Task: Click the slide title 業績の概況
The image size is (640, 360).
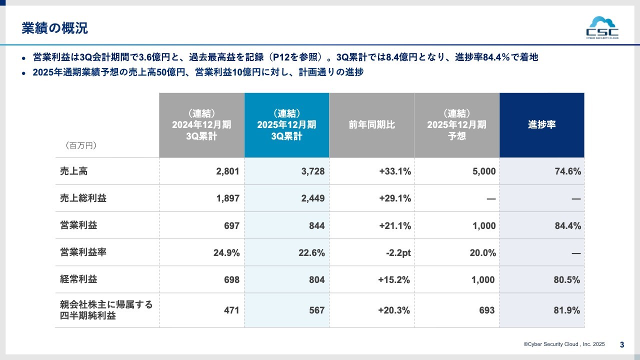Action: pos(55,28)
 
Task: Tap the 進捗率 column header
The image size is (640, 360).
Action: pos(541,125)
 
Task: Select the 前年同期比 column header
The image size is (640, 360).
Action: pos(371,125)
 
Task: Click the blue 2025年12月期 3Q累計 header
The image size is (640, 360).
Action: pos(286,125)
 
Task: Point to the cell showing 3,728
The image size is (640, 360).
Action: pos(312,171)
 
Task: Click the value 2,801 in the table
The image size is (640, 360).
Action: pos(227,171)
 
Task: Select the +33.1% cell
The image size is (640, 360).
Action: pos(395,171)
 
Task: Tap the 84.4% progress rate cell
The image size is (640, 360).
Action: pos(567,225)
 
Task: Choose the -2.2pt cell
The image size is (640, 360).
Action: pos(398,252)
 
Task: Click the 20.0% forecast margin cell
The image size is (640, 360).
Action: pos(482,252)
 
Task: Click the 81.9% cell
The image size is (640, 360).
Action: pos(567,310)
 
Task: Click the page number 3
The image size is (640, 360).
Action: pos(622,344)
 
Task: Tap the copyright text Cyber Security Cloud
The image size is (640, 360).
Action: pos(564,344)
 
